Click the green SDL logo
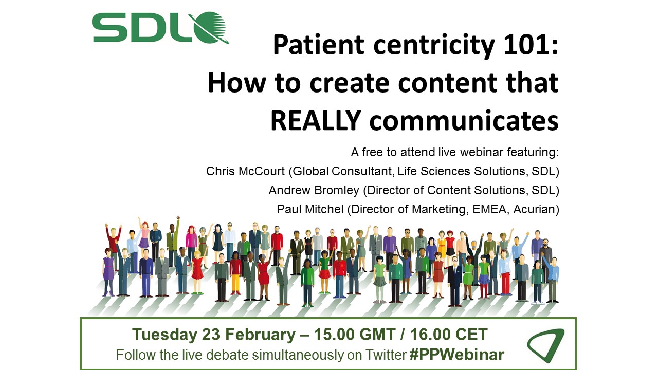[160, 28]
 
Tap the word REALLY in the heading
[316, 121]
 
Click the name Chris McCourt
[245, 171]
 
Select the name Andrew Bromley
[314, 190]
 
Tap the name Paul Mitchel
[310, 209]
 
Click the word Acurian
[534, 209]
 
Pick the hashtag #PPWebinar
[457, 355]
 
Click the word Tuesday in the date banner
[165, 335]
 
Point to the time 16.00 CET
[449, 334]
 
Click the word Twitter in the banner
[386, 355]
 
